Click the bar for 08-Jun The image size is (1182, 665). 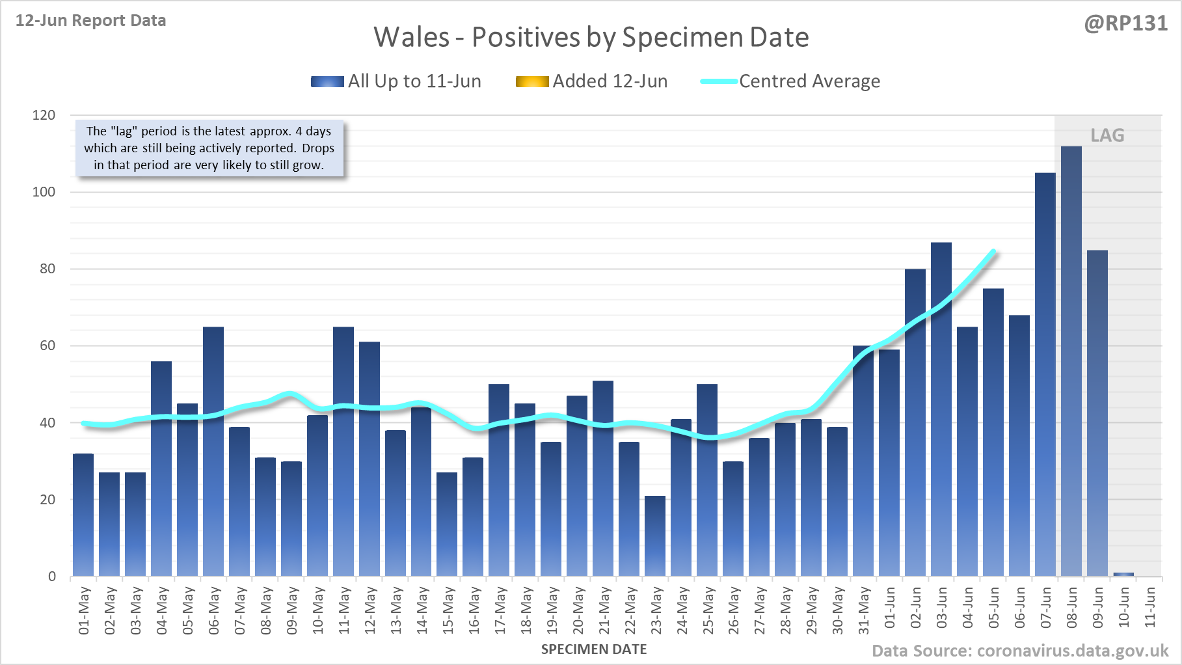(1071, 361)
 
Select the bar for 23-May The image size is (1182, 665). (655, 536)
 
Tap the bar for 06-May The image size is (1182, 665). (213, 452)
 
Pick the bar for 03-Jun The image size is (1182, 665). (941, 409)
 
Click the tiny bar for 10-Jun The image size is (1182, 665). (1123, 574)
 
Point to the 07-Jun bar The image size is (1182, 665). (1045, 374)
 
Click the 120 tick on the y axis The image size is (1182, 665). (44, 115)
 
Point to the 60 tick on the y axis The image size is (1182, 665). (47, 346)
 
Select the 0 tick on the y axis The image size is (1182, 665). (52, 577)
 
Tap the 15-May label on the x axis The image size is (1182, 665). (448, 610)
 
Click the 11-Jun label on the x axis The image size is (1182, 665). (1150, 608)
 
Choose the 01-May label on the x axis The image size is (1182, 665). (85, 610)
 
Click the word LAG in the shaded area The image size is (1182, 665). (1107, 135)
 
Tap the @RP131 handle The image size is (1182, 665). (1125, 23)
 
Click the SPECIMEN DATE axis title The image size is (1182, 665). (594, 649)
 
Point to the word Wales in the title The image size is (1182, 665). (412, 37)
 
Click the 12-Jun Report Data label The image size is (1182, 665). (91, 21)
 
